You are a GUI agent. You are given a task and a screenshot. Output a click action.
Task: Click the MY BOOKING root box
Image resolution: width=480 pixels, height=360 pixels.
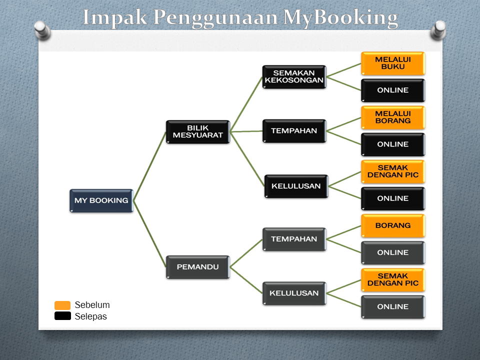[x=101, y=200]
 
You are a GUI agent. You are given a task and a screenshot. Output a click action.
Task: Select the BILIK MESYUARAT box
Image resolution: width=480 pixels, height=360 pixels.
[x=198, y=131]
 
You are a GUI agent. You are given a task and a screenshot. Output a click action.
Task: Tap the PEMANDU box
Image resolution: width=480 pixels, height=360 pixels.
[x=198, y=267]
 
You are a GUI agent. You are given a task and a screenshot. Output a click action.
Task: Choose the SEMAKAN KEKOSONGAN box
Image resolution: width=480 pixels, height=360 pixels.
[x=294, y=77]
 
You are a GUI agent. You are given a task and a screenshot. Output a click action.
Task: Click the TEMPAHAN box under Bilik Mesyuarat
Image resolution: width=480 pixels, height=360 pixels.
[x=294, y=131]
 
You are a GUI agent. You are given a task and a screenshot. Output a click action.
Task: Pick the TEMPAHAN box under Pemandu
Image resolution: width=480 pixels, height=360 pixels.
[x=294, y=239]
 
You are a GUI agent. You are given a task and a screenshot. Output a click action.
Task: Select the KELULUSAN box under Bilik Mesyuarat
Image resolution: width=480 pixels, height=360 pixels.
[x=296, y=186]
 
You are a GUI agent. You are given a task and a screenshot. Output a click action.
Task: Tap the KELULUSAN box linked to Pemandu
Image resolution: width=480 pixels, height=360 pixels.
[x=294, y=293]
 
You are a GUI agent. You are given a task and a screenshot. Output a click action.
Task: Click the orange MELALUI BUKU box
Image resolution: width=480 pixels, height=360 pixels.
[x=393, y=63]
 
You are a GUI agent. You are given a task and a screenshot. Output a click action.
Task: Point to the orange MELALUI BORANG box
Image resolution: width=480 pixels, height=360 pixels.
[x=393, y=117]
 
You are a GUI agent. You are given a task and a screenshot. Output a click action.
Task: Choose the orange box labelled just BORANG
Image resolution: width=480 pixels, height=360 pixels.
[x=393, y=225]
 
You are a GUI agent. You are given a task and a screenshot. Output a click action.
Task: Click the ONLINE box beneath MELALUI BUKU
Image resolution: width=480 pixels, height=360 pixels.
[x=393, y=90]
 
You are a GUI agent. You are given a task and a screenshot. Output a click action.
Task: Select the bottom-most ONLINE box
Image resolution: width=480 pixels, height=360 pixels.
[x=393, y=306]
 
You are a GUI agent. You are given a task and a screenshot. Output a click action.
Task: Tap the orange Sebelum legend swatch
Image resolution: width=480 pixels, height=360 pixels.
[x=62, y=305]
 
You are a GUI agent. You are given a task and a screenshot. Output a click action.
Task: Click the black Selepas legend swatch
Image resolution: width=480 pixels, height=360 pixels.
[x=62, y=316]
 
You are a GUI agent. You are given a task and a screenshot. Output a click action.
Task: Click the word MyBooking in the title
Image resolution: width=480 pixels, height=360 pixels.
[x=340, y=18]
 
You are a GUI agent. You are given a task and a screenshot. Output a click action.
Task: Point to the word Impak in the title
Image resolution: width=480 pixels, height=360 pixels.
[x=115, y=18]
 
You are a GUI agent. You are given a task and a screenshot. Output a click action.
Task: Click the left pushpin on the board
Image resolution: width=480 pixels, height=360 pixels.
[x=42, y=30]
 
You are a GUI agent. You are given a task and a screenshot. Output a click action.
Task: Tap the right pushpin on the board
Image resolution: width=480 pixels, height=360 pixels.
[x=438, y=30]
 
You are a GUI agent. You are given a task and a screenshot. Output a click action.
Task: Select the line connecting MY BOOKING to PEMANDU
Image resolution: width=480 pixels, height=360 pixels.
[x=149, y=234]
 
